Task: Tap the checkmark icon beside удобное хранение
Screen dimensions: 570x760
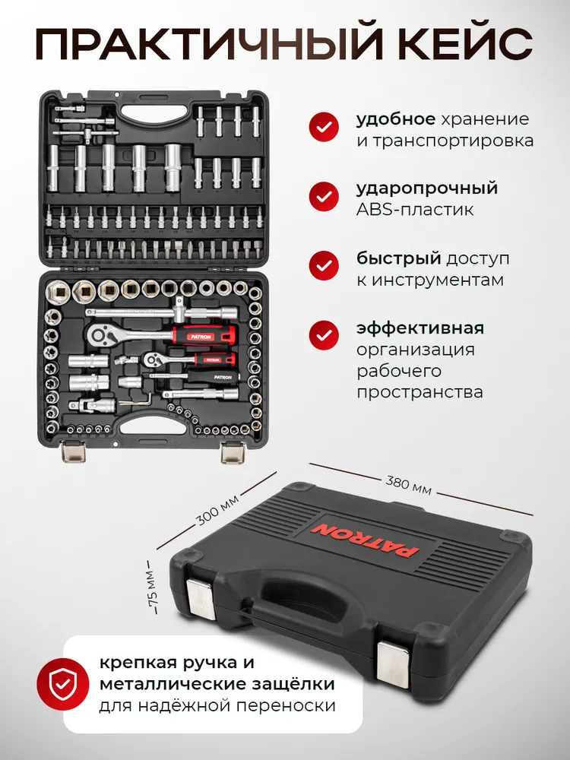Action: click(324, 126)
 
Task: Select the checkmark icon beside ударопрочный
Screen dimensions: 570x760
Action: click(324, 196)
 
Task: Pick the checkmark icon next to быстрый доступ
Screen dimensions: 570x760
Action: click(324, 265)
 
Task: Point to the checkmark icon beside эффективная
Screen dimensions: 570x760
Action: click(324, 335)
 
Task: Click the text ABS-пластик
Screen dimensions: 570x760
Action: click(415, 210)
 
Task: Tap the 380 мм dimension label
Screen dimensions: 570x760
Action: click(408, 485)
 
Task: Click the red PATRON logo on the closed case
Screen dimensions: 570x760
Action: click(365, 541)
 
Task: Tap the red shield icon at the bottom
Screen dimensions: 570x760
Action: click(62, 685)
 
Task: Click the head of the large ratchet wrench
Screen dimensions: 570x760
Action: click(103, 334)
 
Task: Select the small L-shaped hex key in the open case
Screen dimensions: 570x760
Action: click(136, 400)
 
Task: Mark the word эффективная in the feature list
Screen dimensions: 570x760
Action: click(420, 328)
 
